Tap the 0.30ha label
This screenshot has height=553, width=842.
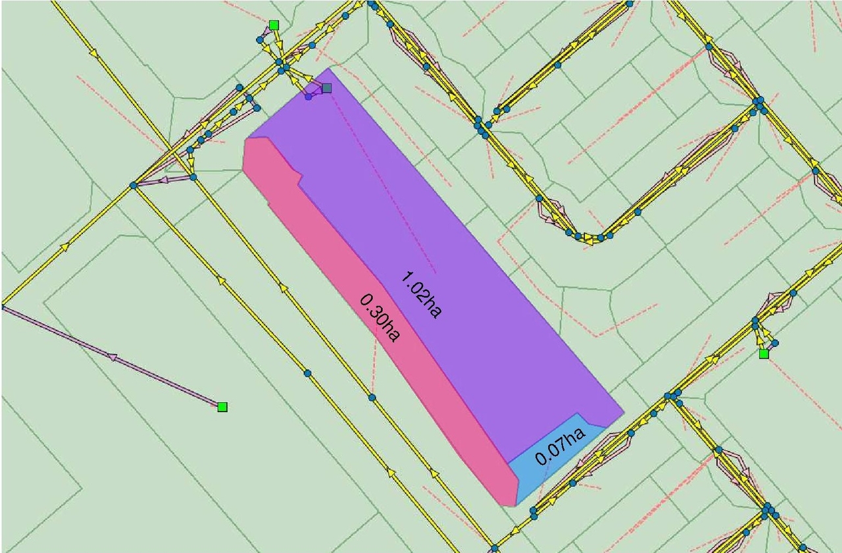click(x=380, y=317)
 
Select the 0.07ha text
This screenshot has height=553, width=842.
click(x=560, y=446)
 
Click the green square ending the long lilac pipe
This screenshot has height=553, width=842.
click(x=222, y=407)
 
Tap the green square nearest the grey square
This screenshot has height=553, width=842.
click(x=274, y=25)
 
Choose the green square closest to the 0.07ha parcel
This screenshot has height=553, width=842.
click(x=764, y=354)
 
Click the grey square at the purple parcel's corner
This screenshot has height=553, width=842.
click(x=327, y=88)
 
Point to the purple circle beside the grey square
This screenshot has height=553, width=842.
click(x=309, y=96)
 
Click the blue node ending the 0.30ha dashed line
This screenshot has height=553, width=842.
click(x=372, y=398)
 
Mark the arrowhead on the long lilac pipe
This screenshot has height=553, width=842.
click(x=112, y=357)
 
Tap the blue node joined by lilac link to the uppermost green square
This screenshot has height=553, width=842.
click(x=260, y=39)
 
